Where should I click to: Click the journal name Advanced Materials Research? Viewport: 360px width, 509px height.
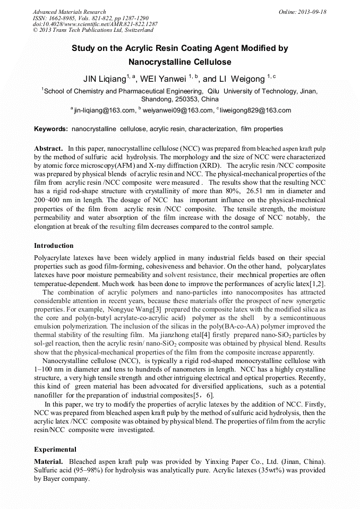tap(69, 12)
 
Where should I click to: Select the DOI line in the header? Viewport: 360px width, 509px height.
tap(95, 24)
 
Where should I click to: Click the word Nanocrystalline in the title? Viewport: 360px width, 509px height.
tap(160, 62)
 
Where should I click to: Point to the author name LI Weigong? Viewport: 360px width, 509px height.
tap(242, 79)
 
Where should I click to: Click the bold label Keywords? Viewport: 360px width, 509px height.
tap(51, 129)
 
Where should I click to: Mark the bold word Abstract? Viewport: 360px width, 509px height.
tap(49, 148)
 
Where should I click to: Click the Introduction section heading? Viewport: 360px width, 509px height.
tap(54, 246)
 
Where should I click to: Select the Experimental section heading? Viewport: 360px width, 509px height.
tap(55, 449)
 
